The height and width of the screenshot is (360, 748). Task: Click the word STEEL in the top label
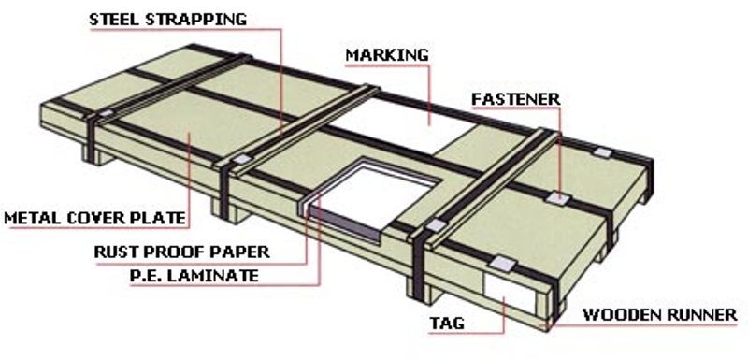(x=114, y=19)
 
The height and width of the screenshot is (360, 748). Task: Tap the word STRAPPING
(x=196, y=19)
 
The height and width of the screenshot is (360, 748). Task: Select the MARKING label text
(x=387, y=55)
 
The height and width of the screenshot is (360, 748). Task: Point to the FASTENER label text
(x=516, y=99)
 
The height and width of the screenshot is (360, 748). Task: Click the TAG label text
(x=447, y=324)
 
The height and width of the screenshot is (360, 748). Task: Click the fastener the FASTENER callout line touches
(x=557, y=198)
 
